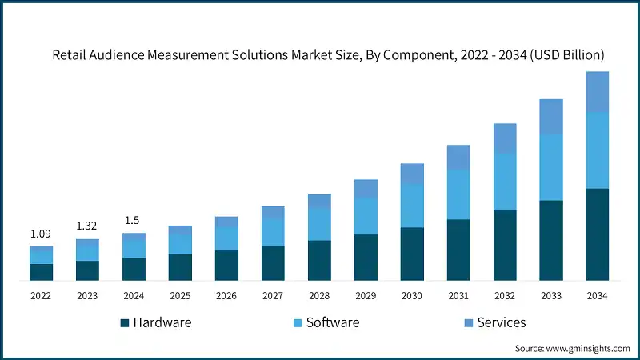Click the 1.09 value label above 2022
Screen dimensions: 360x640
click(x=41, y=234)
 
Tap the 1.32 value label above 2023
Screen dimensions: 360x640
click(x=87, y=226)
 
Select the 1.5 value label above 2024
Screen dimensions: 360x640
click(x=134, y=221)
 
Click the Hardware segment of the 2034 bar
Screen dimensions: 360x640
click(x=598, y=234)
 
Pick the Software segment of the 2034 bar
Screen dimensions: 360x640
click(x=598, y=150)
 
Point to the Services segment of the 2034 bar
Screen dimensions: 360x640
click(x=598, y=92)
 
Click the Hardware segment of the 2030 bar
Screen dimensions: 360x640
click(x=412, y=254)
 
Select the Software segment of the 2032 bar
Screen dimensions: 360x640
click(x=505, y=182)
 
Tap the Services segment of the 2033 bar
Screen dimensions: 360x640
click(x=551, y=117)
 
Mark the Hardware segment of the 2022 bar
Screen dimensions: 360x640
click(x=41, y=272)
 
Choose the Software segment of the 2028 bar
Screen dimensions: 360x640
click(x=319, y=224)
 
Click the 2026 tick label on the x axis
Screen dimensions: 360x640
click(x=226, y=296)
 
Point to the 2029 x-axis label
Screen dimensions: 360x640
click(x=366, y=296)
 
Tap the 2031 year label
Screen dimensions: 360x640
click(x=458, y=296)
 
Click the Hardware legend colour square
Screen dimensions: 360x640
click(x=124, y=323)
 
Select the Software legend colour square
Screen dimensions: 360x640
click(x=297, y=323)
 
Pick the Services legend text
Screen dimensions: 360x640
click(x=502, y=322)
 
